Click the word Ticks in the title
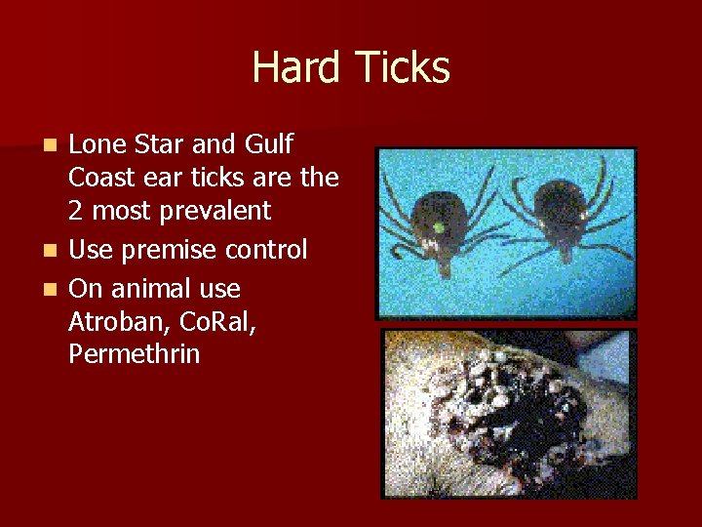pyautogui.click(x=403, y=68)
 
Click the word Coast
pyautogui.click(x=101, y=178)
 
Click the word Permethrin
pyautogui.click(x=134, y=354)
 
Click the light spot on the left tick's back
pyautogui.click(x=438, y=227)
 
